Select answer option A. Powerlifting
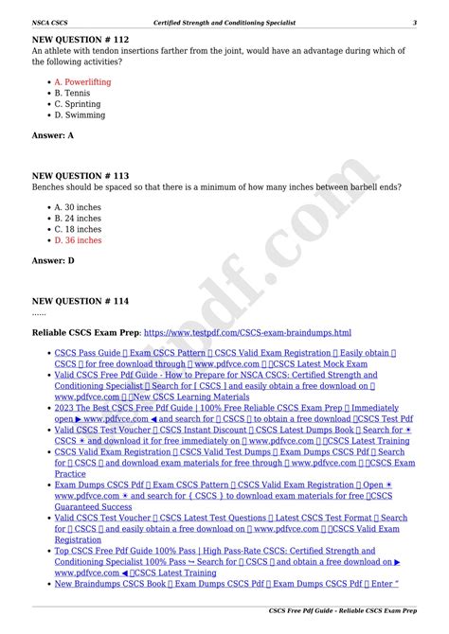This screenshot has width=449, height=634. (x=82, y=82)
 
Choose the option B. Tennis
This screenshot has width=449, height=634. (x=73, y=94)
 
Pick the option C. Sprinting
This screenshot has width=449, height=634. (x=79, y=104)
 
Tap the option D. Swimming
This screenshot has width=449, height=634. (x=80, y=115)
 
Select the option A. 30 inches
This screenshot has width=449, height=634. (x=78, y=206)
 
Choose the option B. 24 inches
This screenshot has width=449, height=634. (x=78, y=218)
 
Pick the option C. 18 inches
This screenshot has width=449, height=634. (x=78, y=229)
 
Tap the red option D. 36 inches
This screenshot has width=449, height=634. (x=78, y=240)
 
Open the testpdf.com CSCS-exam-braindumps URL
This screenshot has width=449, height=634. (x=247, y=333)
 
